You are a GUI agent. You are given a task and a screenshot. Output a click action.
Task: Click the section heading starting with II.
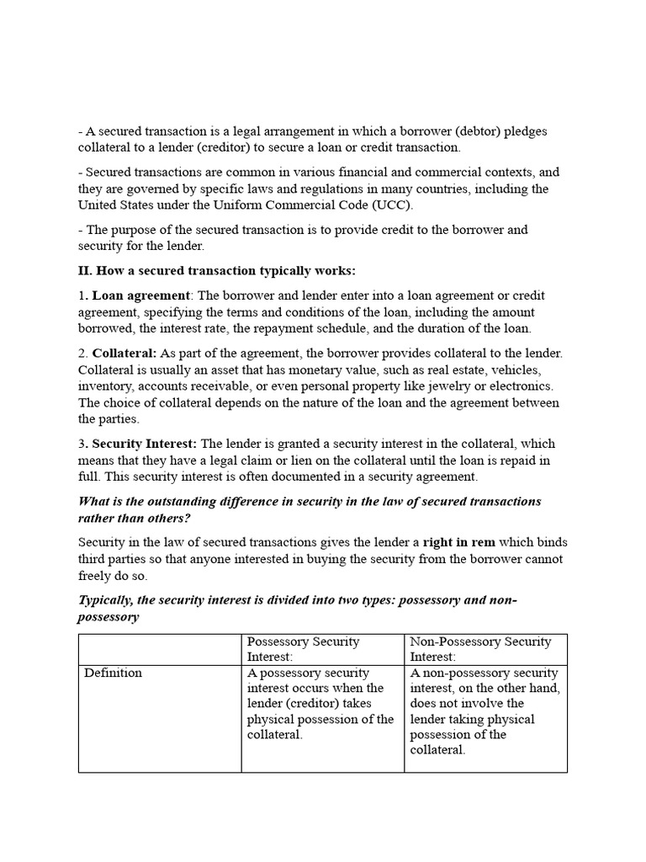click(x=217, y=270)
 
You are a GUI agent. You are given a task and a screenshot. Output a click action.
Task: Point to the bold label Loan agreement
click(x=141, y=295)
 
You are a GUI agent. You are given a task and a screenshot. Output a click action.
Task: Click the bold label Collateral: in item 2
click(x=124, y=353)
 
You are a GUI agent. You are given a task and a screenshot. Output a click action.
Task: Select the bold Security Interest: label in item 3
click(x=145, y=444)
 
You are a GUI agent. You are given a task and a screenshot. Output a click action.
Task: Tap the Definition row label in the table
click(x=114, y=673)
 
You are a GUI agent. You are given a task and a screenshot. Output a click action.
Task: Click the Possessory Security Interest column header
click(x=304, y=649)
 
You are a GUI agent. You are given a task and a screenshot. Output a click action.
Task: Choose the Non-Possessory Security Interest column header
click(x=481, y=649)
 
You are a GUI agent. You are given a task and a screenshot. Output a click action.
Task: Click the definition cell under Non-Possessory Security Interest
click(x=484, y=711)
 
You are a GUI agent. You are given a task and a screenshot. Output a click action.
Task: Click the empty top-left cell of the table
click(x=160, y=649)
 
